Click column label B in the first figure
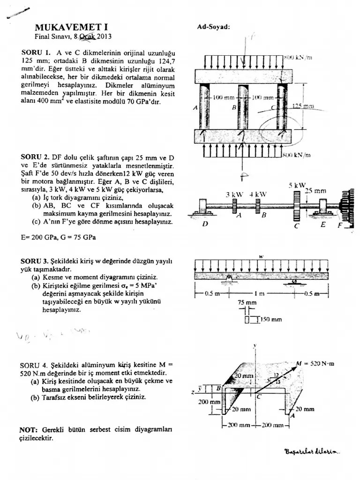233,108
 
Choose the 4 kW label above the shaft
258,194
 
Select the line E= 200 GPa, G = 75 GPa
59,237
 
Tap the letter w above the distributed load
261,256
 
